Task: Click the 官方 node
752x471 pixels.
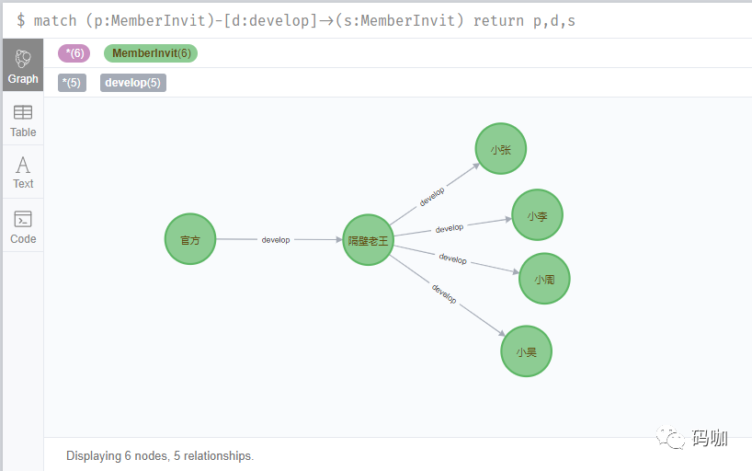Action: (x=190, y=239)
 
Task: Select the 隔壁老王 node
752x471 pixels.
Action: (x=369, y=239)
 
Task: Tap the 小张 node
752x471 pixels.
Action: (x=501, y=149)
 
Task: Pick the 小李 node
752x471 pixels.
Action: (x=537, y=215)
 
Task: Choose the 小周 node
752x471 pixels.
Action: (x=544, y=279)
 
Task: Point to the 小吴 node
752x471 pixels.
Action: (x=526, y=351)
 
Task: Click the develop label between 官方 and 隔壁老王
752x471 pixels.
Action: (x=276, y=239)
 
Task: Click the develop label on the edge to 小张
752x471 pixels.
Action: (x=432, y=197)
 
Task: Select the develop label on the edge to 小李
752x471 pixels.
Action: (x=450, y=228)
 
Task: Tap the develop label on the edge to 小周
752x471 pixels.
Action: (x=452, y=258)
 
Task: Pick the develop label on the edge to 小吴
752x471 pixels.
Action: (x=444, y=293)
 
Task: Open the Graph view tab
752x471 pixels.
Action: (x=23, y=65)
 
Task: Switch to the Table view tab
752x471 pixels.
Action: (x=23, y=121)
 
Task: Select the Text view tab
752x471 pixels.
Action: (x=23, y=172)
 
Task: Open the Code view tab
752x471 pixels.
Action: (x=23, y=226)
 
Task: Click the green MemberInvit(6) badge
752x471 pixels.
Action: (x=151, y=53)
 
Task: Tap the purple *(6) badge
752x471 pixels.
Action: (x=74, y=53)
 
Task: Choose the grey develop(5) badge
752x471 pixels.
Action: (x=133, y=83)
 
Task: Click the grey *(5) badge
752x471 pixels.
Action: (x=72, y=83)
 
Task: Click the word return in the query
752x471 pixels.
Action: (x=498, y=20)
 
